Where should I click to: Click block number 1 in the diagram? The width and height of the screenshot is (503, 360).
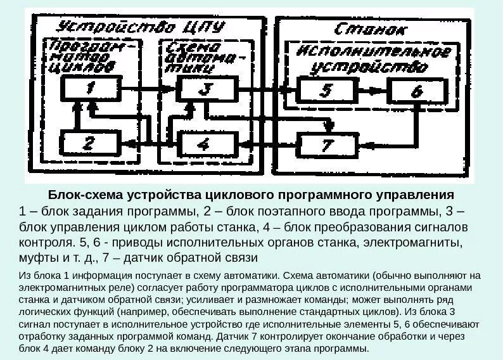pyautogui.click(x=90, y=88)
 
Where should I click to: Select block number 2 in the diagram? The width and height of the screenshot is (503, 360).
pyautogui.click(x=89, y=143)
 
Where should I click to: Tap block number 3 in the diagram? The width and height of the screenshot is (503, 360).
pyautogui.click(x=204, y=88)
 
